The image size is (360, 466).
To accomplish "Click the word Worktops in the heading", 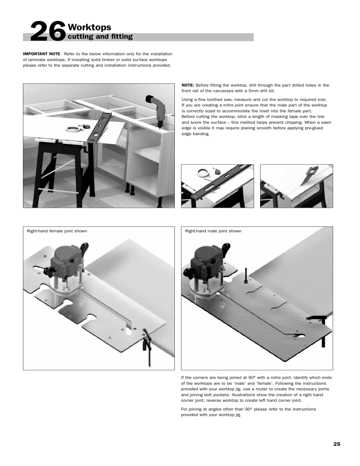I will click(89, 28).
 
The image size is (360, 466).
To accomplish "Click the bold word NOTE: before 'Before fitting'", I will click(188, 85).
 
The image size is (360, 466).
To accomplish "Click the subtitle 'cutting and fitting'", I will click(97, 37).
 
